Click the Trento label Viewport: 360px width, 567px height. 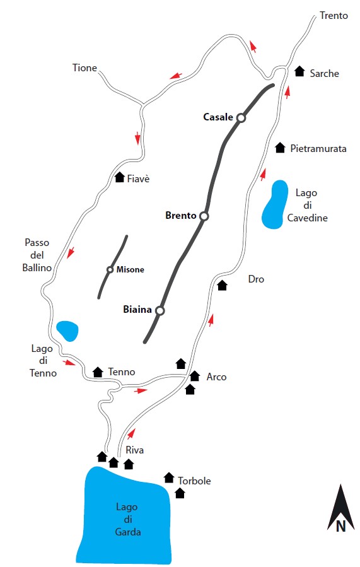334,16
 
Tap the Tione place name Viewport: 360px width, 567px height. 84,68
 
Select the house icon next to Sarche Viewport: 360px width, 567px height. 299,71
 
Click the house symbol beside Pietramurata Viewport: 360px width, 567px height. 280,148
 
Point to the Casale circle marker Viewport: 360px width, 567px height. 241,117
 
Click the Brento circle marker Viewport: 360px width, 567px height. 204,216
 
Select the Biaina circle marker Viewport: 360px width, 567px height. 160,310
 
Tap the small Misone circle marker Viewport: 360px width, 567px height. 110,269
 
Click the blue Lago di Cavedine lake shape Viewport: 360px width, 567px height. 276,205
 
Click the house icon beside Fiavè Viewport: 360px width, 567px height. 120,177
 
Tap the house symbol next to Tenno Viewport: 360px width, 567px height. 98,371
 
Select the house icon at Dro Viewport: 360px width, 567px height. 223,285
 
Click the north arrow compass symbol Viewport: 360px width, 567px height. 340,508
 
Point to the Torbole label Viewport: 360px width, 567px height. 194,481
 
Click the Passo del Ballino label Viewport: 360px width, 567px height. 37,255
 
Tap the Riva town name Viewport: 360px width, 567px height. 134,450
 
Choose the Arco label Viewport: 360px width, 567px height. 216,377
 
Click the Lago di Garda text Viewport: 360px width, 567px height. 127,519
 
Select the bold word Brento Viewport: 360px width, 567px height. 181,216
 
